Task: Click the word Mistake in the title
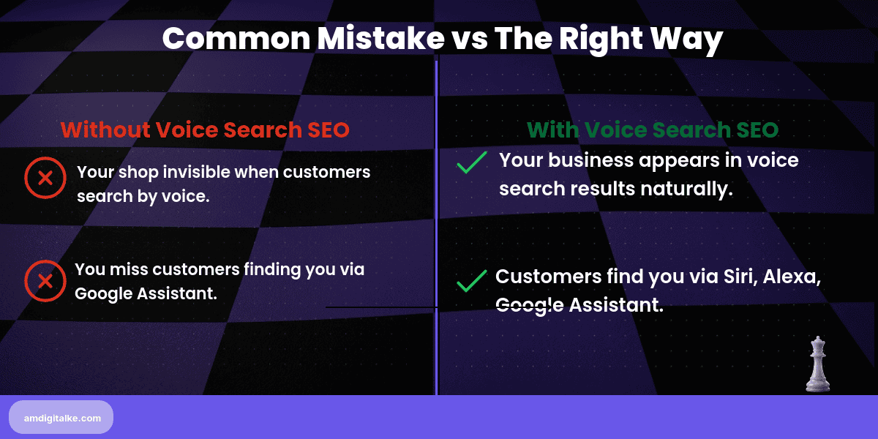(380, 39)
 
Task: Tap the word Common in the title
(235, 39)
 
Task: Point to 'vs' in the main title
(469, 39)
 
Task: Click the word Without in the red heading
(105, 130)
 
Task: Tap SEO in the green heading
(755, 130)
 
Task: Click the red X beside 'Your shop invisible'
(45, 178)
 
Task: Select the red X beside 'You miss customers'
(45, 281)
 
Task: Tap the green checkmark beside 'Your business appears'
(471, 162)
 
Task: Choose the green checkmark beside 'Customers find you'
(471, 281)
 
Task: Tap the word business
(593, 160)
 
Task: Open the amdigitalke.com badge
(61, 417)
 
